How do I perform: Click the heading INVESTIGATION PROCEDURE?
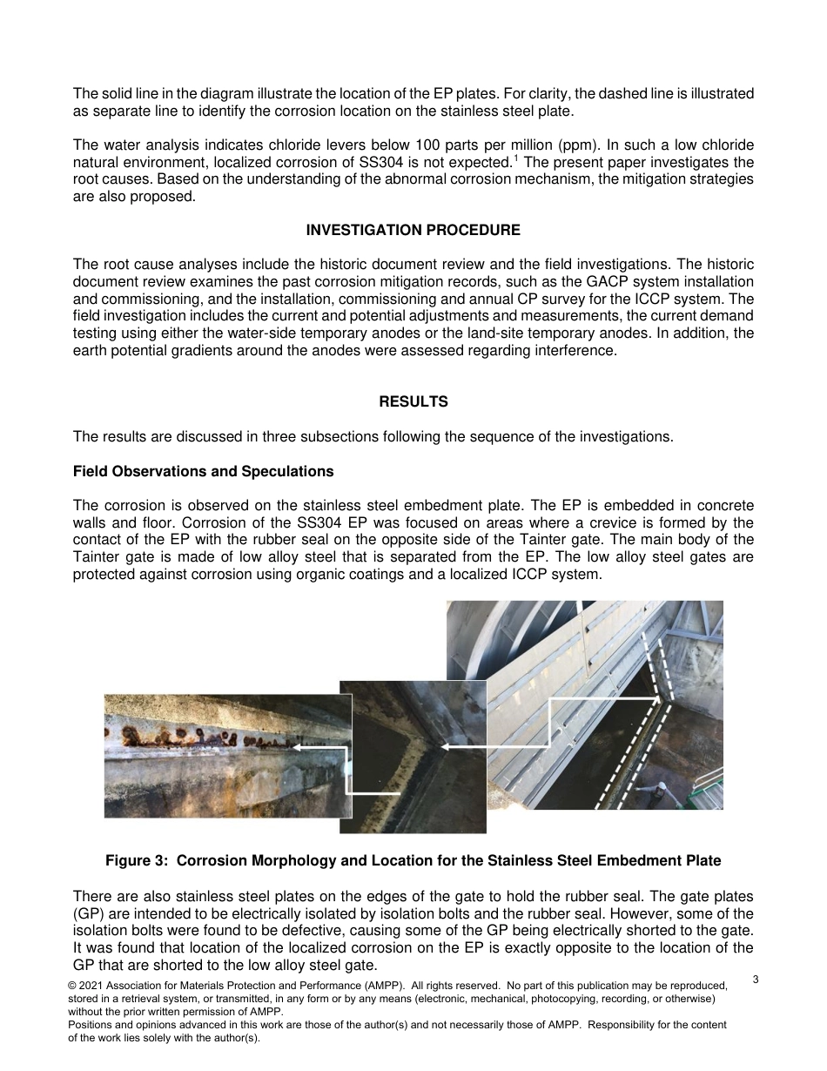tap(413, 230)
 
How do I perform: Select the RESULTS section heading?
tap(413, 401)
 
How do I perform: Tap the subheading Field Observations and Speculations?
tap(203, 471)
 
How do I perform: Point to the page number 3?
tap(756, 980)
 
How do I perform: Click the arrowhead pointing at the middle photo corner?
tap(445, 746)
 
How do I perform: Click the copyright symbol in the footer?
tap(72, 985)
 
